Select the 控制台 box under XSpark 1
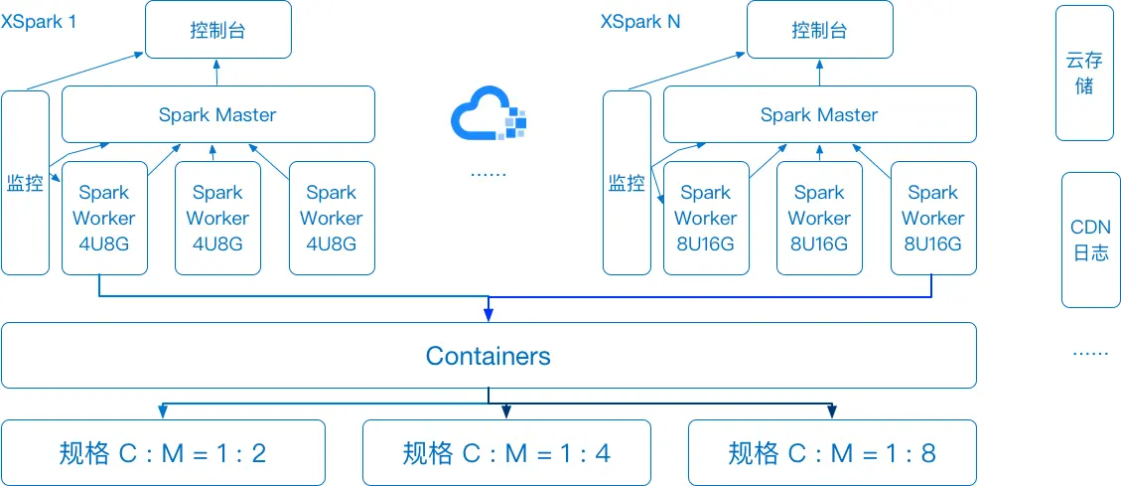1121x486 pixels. click(217, 30)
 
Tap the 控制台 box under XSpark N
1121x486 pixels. click(819, 30)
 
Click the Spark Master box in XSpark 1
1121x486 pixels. click(217, 114)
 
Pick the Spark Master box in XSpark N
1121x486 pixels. click(819, 114)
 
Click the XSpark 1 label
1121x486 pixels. click(39, 21)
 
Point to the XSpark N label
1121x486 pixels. click(640, 21)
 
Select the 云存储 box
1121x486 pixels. click(1084, 74)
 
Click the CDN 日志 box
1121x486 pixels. click(1090, 240)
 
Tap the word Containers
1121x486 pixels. click(488, 356)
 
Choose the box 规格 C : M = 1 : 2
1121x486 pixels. click(163, 453)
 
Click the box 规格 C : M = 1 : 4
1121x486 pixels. click(506, 453)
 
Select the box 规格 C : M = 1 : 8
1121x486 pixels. click(832, 453)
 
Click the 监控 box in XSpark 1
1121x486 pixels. click(25, 183)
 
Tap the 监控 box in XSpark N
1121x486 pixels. click(627, 183)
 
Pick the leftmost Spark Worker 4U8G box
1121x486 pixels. click(104, 218)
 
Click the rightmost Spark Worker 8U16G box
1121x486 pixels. click(932, 218)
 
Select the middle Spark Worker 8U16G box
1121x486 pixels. click(819, 218)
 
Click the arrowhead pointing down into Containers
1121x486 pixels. click(489, 316)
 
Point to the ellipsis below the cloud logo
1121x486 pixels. click(488, 173)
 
